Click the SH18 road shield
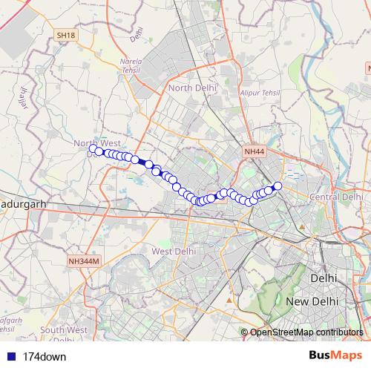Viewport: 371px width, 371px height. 65,35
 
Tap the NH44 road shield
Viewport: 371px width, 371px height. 254,152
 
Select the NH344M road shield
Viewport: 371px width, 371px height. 83,260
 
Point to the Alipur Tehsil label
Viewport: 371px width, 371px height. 259,93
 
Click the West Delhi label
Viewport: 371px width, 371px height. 173,252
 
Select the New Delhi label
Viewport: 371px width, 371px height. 312,302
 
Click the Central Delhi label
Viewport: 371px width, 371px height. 335,197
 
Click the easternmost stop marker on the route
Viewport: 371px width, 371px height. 278,185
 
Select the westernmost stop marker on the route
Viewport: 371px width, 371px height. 93,148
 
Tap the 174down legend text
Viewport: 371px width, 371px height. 43,356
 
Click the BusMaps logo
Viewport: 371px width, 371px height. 331,355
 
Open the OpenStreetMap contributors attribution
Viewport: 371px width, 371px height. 306,332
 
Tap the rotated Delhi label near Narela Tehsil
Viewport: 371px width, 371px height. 136,34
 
